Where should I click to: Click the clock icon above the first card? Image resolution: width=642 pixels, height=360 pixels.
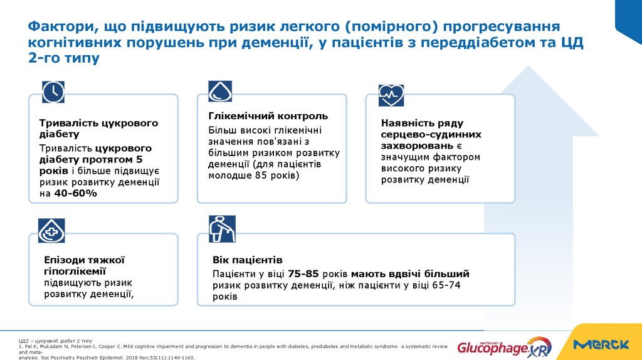53,92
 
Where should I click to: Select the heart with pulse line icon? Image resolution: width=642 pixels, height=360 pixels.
391,95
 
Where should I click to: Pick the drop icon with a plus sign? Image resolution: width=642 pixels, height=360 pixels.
51,231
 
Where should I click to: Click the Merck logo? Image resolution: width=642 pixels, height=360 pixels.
601,344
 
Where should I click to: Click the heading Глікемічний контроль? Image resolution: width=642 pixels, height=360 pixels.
268,116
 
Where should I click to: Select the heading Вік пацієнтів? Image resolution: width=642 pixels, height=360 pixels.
248,260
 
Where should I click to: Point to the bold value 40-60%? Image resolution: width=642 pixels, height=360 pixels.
75,194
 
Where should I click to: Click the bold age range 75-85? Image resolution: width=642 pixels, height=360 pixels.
303,274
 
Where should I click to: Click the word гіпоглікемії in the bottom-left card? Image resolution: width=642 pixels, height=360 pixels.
75,271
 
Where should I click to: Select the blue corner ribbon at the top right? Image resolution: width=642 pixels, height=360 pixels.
628,19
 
